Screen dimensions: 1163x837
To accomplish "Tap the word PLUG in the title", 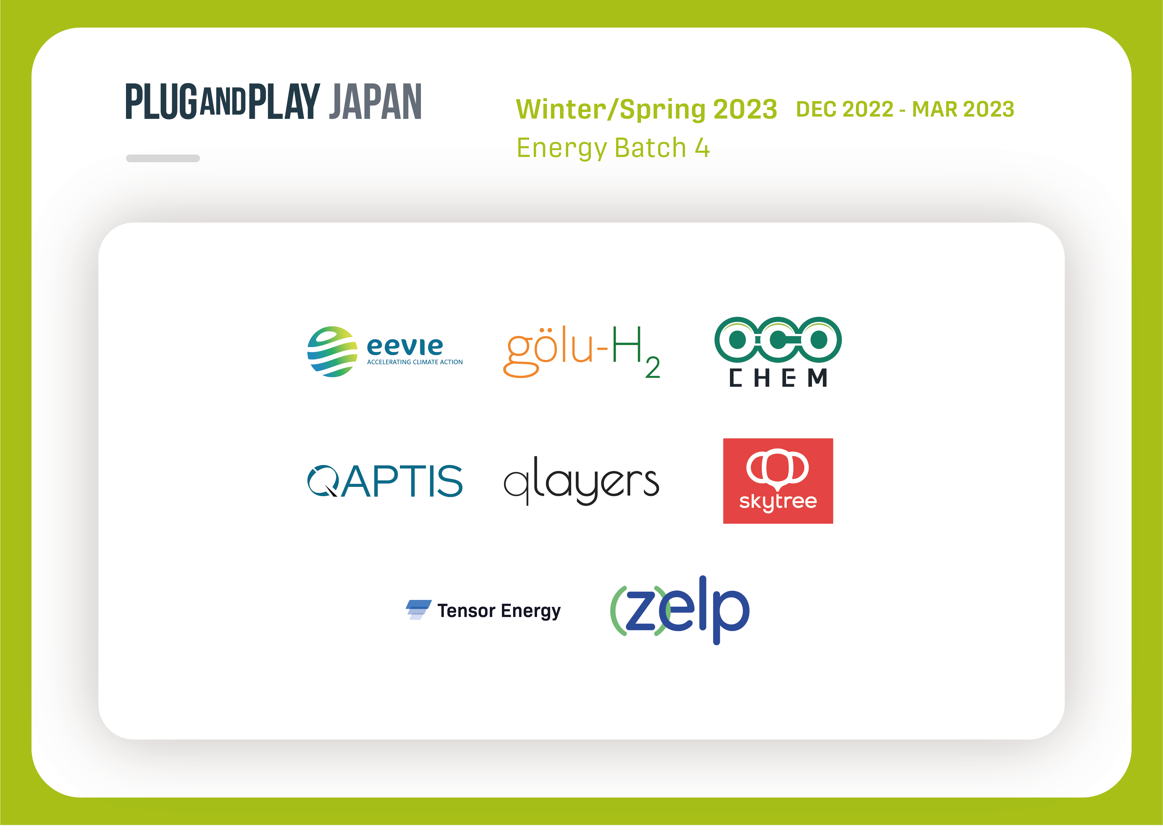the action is [x=161, y=101].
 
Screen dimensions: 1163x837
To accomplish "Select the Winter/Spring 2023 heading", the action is [x=646, y=109].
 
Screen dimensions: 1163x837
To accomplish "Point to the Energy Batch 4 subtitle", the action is [x=613, y=148].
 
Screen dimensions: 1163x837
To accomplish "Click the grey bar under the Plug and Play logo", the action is [x=163, y=158].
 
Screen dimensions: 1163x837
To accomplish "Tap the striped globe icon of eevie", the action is [x=332, y=352].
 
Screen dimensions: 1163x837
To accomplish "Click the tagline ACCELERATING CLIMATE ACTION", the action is [x=415, y=362].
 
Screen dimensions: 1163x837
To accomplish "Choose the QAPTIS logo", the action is [x=384, y=481].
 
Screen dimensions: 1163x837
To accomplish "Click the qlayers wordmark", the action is [x=581, y=480].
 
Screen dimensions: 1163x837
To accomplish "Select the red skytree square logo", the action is [x=778, y=481].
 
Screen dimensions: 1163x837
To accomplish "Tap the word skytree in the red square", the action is [x=778, y=501].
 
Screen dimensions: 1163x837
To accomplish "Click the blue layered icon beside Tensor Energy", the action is [x=418, y=610].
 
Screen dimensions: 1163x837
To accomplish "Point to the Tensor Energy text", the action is [x=499, y=611].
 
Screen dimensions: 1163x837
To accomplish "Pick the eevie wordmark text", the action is [x=405, y=346].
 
